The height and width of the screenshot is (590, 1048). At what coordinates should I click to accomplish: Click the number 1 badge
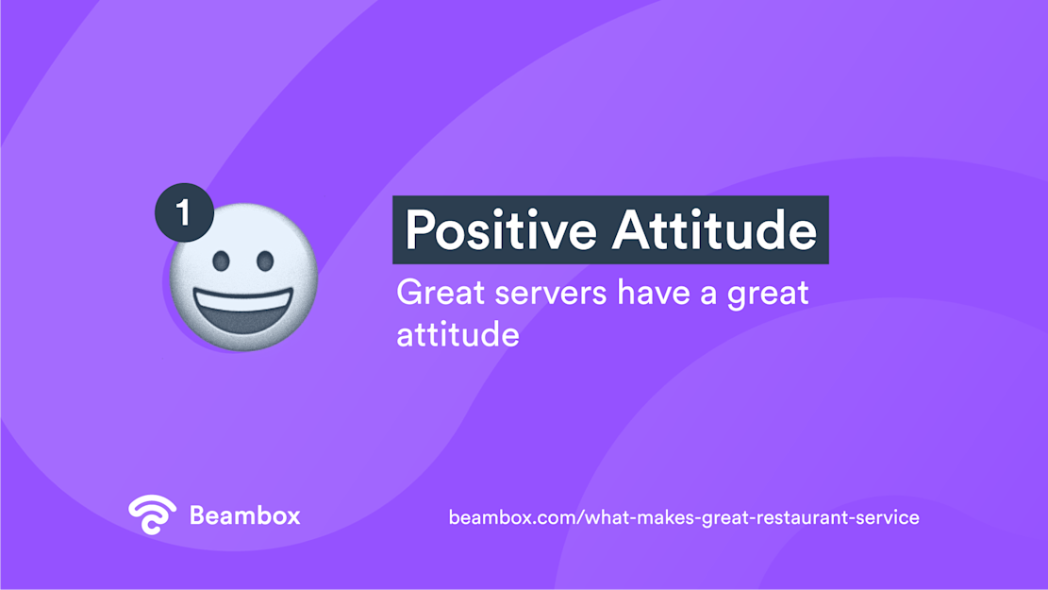tap(184, 212)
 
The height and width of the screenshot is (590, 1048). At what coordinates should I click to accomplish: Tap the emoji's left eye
tap(221, 261)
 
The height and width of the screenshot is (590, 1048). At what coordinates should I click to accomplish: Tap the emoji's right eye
tap(265, 260)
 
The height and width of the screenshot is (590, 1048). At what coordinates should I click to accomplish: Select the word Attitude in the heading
tap(714, 230)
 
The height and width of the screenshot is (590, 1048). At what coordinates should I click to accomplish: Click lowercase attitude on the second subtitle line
tap(457, 335)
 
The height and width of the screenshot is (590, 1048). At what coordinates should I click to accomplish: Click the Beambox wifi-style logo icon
tap(152, 514)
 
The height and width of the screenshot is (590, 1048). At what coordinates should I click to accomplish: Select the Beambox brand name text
tap(244, 515)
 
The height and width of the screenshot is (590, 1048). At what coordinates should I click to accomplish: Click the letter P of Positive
tap(420, 230)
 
